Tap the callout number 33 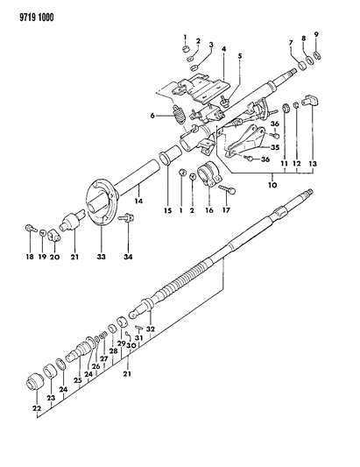coord(98,258)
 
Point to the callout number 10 coord(272,186)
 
